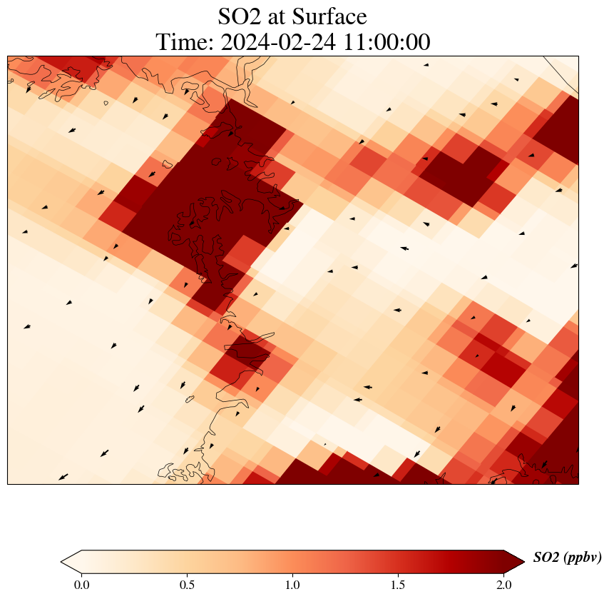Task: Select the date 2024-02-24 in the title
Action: point(276,43)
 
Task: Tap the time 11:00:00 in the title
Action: point(384,43)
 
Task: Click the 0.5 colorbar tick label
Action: point(187,585)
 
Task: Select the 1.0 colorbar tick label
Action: point(292,585)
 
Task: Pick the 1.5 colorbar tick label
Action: point(398,585)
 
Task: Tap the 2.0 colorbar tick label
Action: point(503,585)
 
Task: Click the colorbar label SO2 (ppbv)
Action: point(567,558)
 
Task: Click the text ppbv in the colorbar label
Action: point(581,559)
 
